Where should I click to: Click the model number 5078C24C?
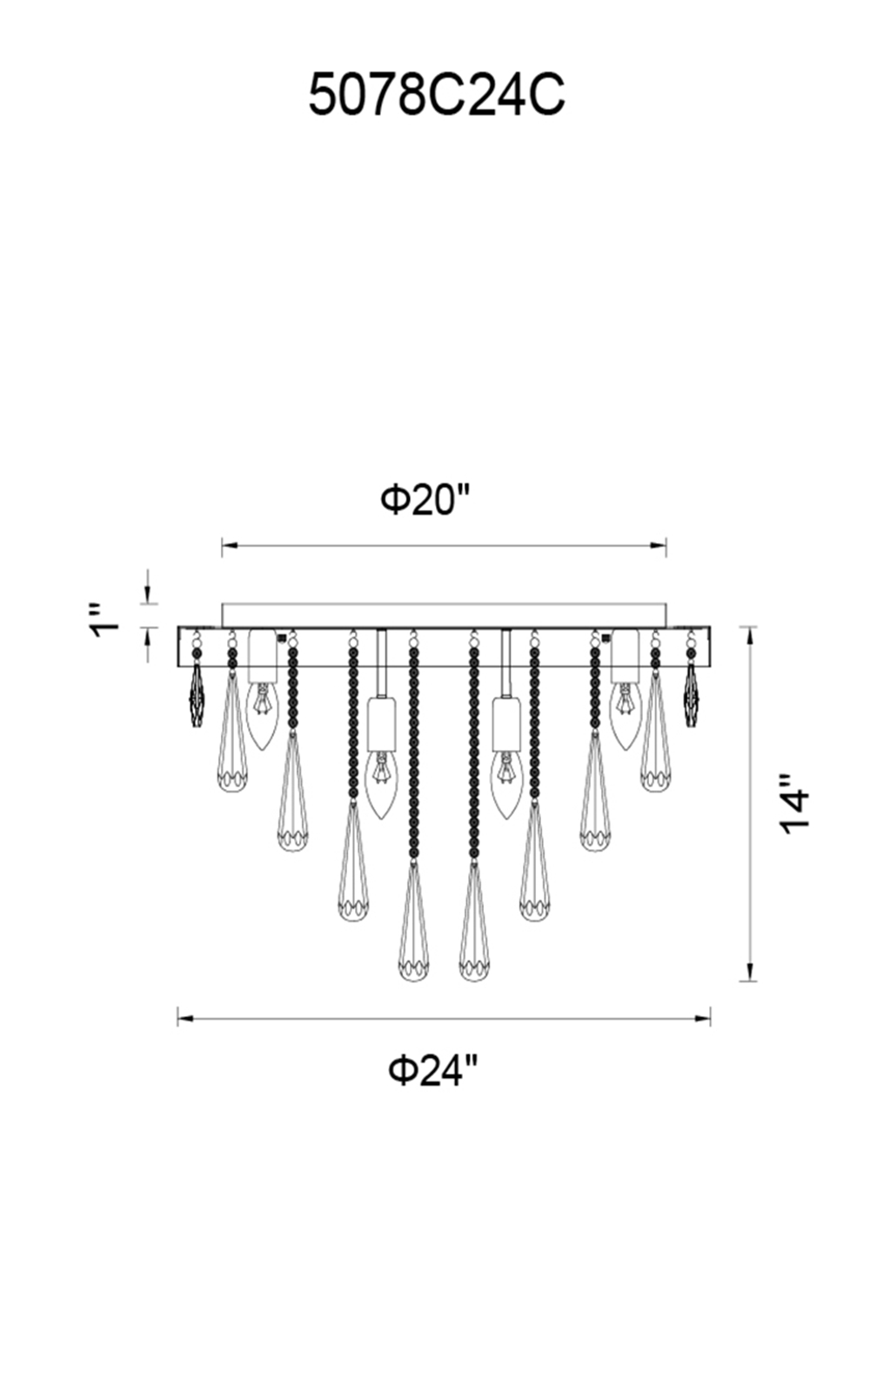[x=437, y=95]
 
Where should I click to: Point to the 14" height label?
[x=794, y=804]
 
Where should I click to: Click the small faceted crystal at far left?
[x=197, y=694]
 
